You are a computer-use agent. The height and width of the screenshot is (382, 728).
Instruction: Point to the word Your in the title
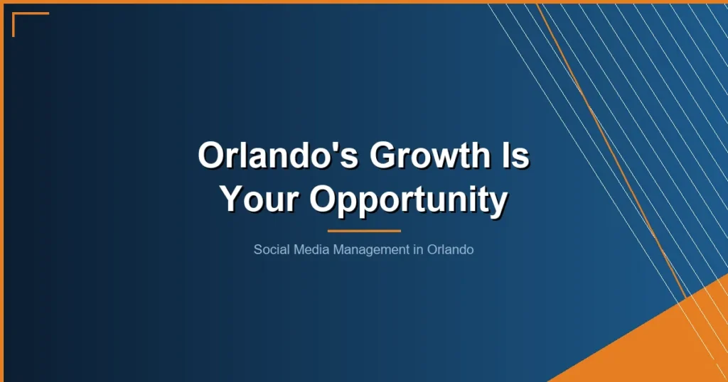pyautogui.click(x=259, y=200)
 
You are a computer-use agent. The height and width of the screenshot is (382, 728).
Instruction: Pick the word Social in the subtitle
pyautogui.click(x=269, y=250)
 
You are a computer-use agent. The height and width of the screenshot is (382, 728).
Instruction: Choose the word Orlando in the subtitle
pyautogui.click(x=451, y=250)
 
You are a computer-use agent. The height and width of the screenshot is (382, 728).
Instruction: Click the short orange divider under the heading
pyautogui.click(x=364, y=231)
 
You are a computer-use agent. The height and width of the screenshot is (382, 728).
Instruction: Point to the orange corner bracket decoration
pyautogui.click(x=21, y=17)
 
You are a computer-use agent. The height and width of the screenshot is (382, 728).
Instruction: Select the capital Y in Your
pyautogui.click(x=232, y=200)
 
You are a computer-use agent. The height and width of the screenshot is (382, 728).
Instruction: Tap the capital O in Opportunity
pyautogui.click(x=321, y=200)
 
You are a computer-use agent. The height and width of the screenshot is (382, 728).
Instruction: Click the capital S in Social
pyautogui.click(x=257, y=250)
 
